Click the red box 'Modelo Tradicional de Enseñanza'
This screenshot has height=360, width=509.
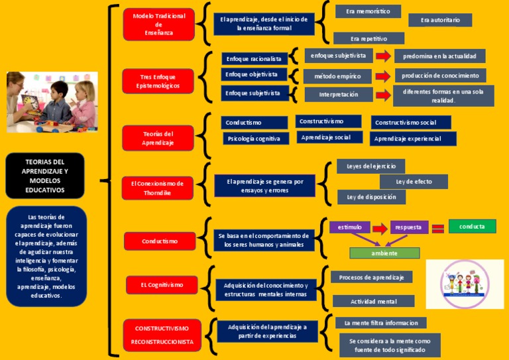point(158,25)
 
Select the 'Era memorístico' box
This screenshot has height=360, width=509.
point(368,11)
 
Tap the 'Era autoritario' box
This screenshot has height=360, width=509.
point(440,21)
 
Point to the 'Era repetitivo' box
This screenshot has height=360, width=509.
point(368,38)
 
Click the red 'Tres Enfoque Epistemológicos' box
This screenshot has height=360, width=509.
point(158,82)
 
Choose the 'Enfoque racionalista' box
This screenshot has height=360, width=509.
point(255,58)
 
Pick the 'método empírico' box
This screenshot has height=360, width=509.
point(338,76)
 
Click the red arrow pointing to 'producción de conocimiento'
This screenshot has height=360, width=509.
point(383,76)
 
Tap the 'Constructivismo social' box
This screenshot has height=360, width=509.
point(411,123)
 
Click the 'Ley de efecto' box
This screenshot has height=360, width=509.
point(414,181)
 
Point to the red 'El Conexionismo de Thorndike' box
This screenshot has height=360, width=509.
point(158,188)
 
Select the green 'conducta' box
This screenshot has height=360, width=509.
point(472,227)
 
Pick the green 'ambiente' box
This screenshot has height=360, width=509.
point(384,253)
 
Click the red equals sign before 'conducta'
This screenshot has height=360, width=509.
point(437,229)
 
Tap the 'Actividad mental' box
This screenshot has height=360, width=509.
point(374,301)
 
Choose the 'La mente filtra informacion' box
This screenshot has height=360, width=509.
point(380,323)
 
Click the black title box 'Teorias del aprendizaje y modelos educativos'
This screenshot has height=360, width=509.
point(45,176)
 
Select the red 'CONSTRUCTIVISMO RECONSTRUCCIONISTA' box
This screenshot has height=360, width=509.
point(162,335)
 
